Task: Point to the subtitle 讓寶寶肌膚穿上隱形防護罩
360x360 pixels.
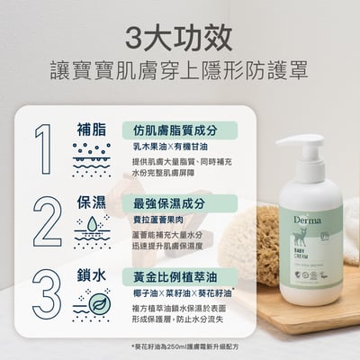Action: point(179,70)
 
